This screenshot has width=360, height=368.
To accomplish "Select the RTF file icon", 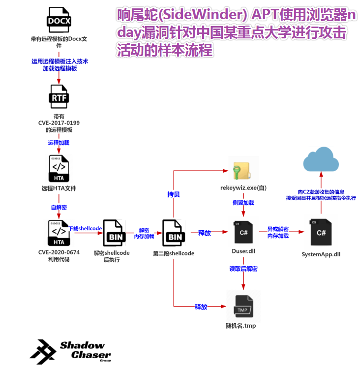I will [x=59, y=97].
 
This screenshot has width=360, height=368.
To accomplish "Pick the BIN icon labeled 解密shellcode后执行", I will [x=116, y=233].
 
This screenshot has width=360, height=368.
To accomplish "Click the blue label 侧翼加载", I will [x=243, y=202].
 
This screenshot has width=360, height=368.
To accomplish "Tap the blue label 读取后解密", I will [x=243, y=269].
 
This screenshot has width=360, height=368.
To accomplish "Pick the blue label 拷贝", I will [x=174, y=194].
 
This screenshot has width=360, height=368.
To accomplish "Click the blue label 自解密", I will [x=59, y=207].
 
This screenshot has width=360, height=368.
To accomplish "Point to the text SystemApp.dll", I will [x=321, y=254].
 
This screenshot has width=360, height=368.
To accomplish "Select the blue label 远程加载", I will [x=59, y=143].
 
